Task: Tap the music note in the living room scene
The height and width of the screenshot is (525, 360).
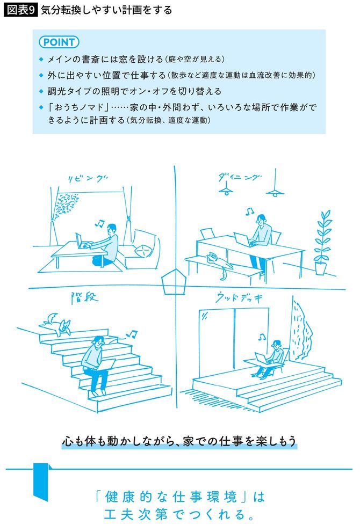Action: coord(99,221)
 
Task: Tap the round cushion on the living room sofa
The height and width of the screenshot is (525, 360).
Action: coord(143,250)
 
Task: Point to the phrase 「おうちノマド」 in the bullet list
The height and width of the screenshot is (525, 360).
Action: coord(70,108)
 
